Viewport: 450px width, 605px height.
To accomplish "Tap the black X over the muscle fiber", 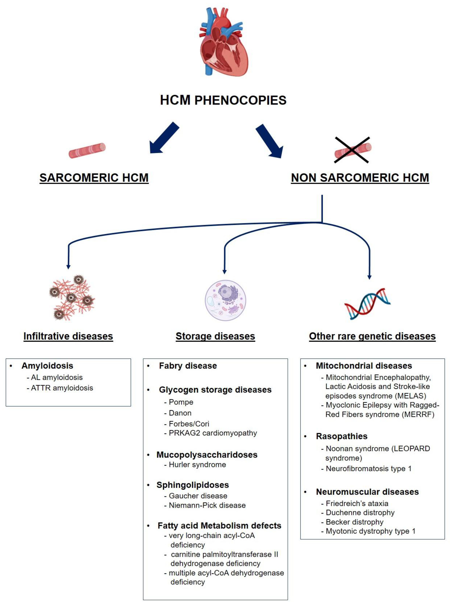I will [x=352, y=150].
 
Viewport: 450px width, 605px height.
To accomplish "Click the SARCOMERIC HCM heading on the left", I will [x=94, y=178].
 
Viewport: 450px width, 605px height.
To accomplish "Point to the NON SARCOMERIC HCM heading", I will [x=360, y=178].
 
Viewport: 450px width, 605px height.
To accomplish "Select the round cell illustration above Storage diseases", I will [x=225, y=300].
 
